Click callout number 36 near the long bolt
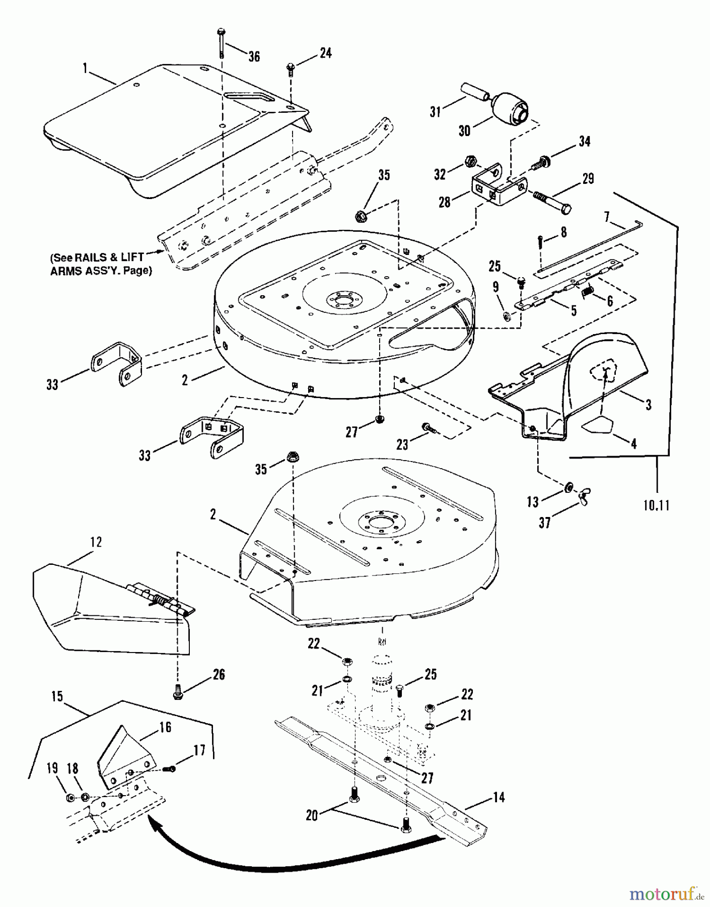pos(254,56)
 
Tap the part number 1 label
pos(85,68)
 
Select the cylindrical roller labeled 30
pos(509,108)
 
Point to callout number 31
pos(435,111)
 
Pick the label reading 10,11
pos(656,505)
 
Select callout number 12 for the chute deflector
pos(96,542)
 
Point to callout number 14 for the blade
pos(498,797)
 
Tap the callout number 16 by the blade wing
pos(165,727)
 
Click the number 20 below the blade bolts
pos(312,815)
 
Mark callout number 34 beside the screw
pos(584,142)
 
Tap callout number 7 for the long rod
pos(607,217)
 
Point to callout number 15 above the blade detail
pos(57,696)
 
